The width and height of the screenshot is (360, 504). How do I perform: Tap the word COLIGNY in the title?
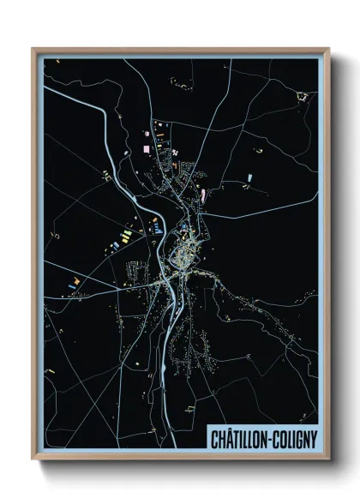(294, 440)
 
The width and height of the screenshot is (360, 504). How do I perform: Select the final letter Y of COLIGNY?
(314, 440)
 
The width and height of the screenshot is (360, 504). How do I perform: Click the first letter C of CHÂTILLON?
(215, 440)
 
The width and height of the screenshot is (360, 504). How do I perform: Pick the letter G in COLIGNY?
(297, 440)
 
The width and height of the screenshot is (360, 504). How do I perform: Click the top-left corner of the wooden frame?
(33, 48)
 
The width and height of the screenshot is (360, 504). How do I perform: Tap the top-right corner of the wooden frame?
(329, 48)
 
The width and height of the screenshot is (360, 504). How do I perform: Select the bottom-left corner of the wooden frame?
(33, 462)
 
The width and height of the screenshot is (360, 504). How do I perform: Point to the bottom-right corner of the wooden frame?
(329, 462)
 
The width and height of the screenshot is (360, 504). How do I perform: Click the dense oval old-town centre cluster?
(182, 255)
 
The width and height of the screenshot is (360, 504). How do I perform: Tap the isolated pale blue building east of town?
(249, 177)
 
